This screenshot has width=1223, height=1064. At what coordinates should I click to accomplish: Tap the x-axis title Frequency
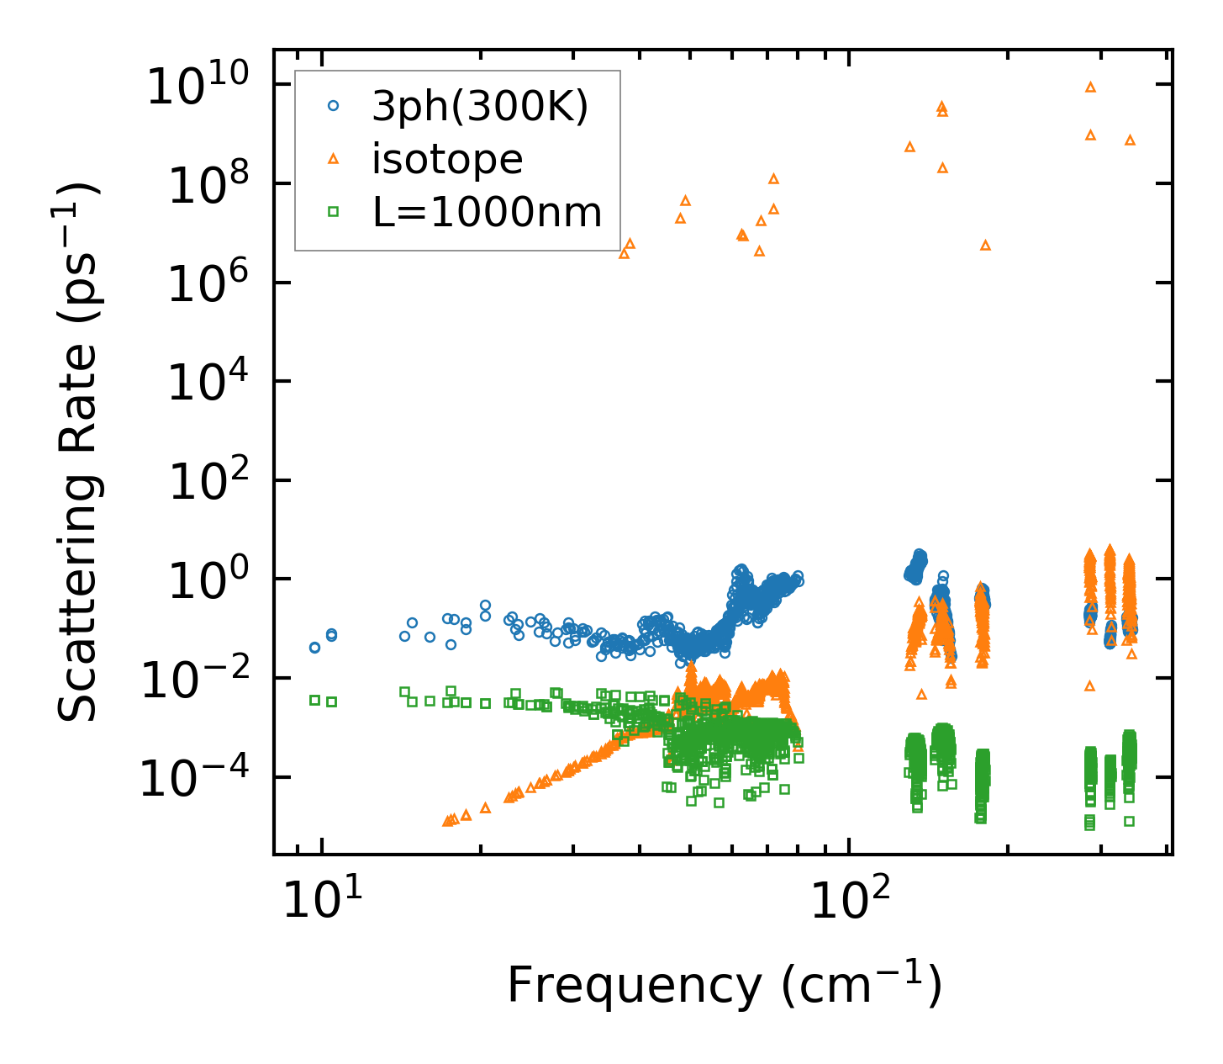[x=723, y=986]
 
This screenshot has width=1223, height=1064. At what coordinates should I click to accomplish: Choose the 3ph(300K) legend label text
[x=480, y=107]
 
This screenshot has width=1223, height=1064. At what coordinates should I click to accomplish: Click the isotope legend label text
[x=447, y=159]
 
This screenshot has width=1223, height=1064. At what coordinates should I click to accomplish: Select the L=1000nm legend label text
[x=488, y=213]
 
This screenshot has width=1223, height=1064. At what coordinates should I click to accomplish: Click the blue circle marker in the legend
[x=333, y=106]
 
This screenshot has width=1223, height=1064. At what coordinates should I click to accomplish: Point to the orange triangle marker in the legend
[x=333, y=159]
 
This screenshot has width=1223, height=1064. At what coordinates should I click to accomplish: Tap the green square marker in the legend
[x=333, y=213]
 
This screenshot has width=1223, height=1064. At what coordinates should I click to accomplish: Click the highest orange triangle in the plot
[x=1090, y=87]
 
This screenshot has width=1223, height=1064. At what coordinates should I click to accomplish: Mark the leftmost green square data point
[x=314, y=700]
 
